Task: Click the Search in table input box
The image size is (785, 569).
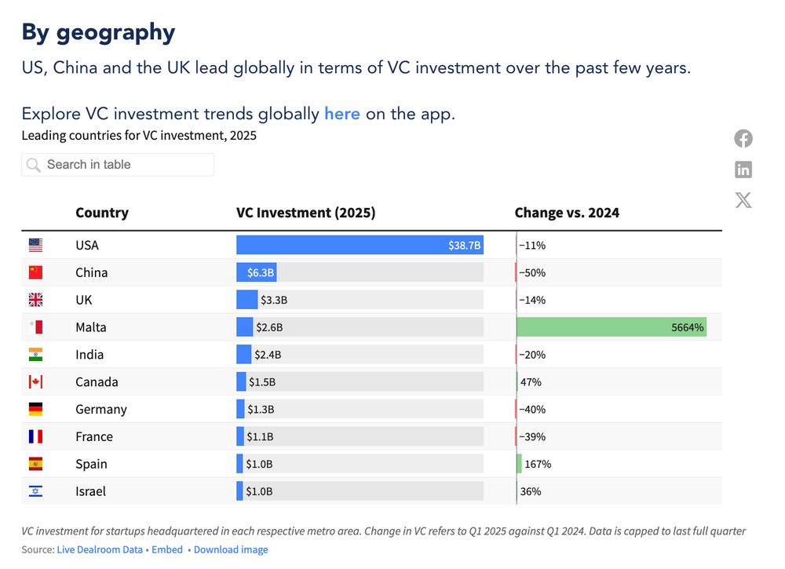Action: [118, 165]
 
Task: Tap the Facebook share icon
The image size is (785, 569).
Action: [743, 139]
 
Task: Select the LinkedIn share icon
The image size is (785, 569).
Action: [743, 169]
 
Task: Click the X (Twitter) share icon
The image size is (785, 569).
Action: [743, 199]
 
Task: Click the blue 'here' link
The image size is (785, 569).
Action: [341, 113]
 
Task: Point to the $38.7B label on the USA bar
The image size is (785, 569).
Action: [464, 246]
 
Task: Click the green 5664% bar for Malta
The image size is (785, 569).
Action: [612, 327]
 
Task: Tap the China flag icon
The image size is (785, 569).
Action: [35, 272]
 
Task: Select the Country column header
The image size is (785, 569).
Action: [102, 213]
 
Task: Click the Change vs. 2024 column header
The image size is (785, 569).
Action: [567, 213]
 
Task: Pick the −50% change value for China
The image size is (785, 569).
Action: [531, 273]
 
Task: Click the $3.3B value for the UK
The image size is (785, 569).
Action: [274, 300]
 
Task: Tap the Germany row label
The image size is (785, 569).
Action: [100, 410]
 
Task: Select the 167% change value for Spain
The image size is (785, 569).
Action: [538, 464]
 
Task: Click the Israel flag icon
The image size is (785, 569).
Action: [35, 491]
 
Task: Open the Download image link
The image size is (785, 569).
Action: [231, 550]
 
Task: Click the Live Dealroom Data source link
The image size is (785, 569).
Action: [100, 550]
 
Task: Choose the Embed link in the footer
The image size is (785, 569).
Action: [167, 550]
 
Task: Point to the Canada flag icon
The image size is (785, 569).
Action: [35, 382]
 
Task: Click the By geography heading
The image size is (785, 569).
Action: [98, 32]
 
